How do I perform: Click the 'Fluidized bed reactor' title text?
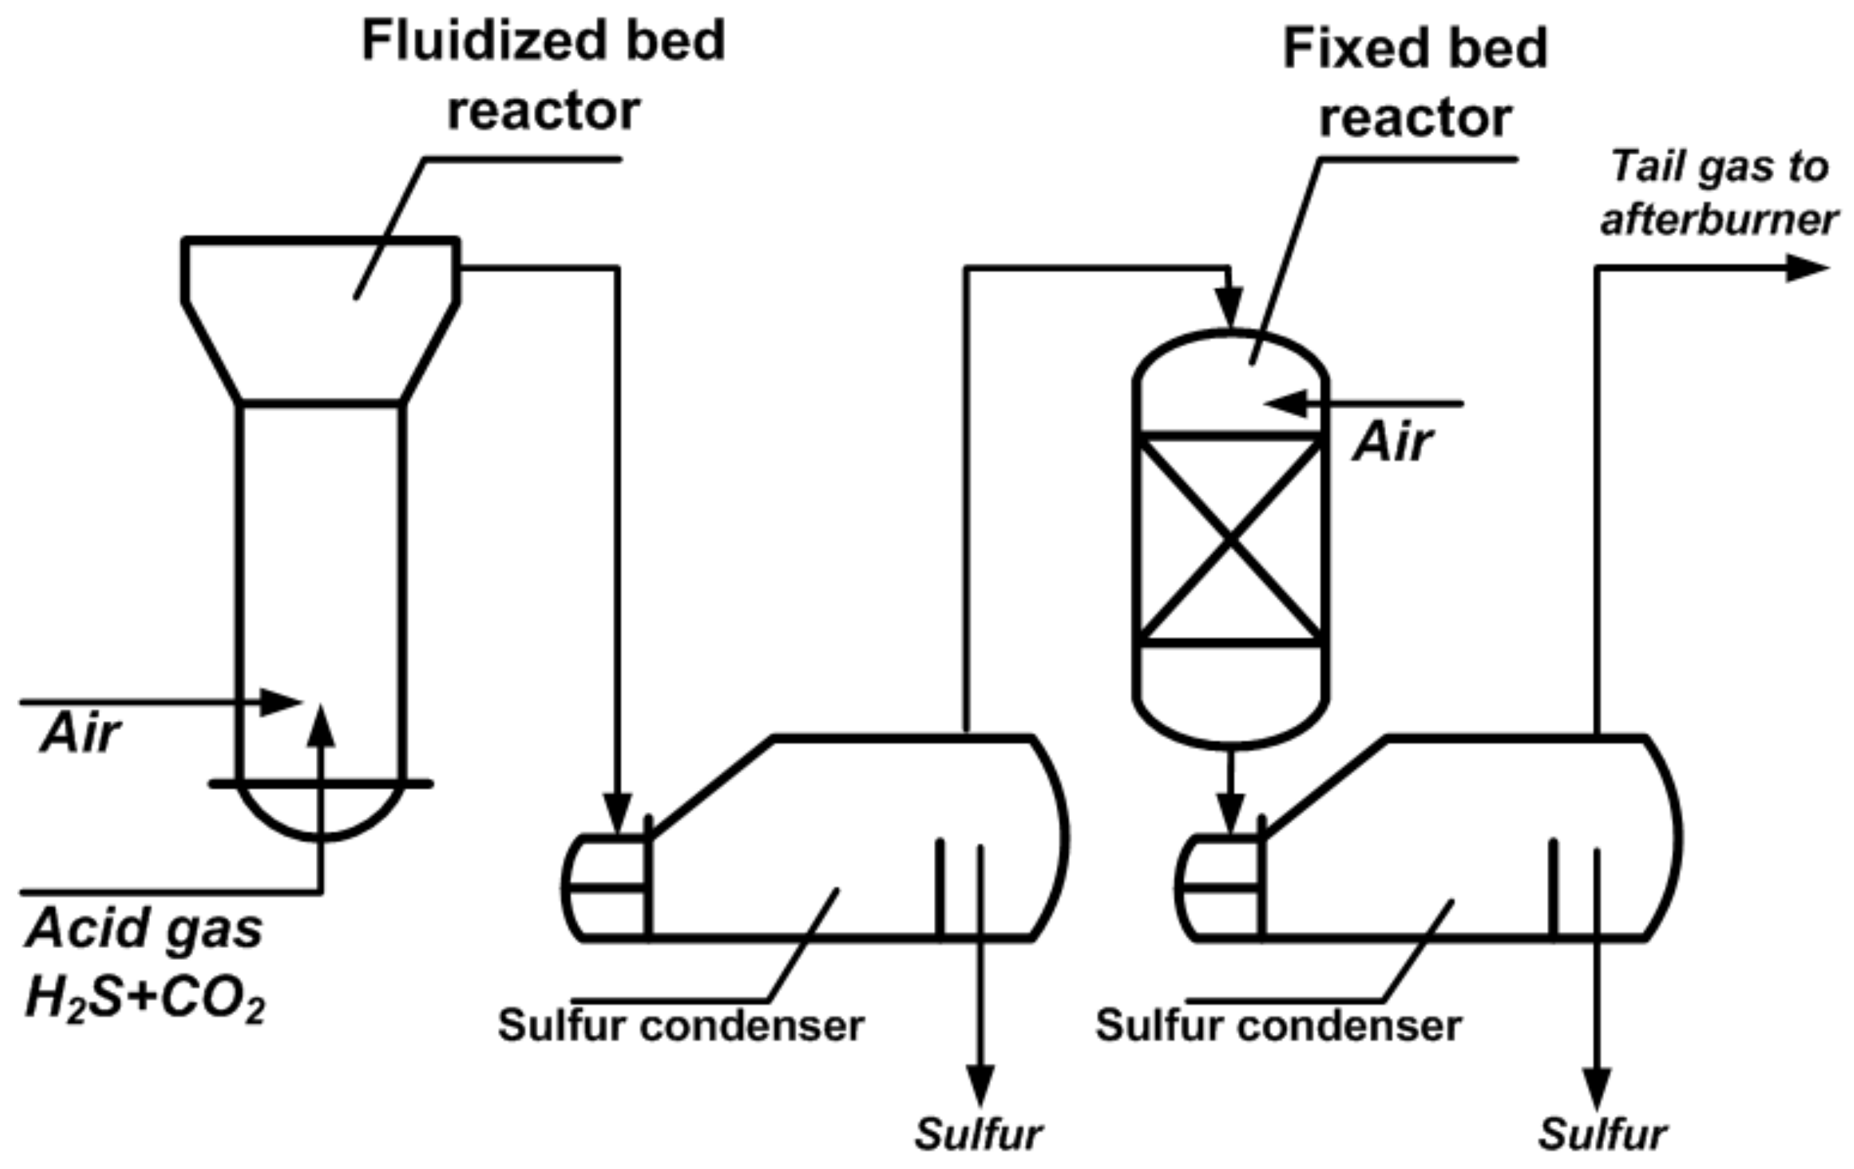tap(544, 76)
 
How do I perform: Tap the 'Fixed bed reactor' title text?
tap(1415, 83)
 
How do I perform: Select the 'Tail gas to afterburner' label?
tap(1719, 192)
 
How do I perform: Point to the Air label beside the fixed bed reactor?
tap(1393, 444)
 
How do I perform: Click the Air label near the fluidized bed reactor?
tap(80, 733)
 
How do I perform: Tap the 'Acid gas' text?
tap(144, 929)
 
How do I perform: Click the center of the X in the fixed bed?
tap(1230, 539)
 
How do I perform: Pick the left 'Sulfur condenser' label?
tap(680, 1026)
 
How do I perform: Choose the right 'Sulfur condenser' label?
tap(1278, 1026)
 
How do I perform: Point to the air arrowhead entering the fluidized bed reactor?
tap(281, 702)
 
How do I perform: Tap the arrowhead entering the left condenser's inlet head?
tap(617, 813)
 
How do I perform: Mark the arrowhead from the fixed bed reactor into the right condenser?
tap(1230, 813)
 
